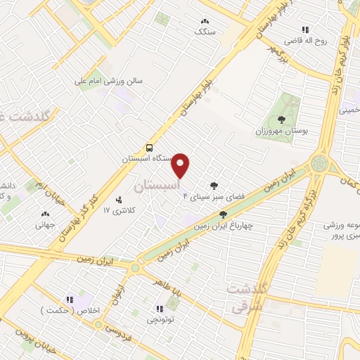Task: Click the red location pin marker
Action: pos(181,165)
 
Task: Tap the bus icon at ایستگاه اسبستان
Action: pos(149,148)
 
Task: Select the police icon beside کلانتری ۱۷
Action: pos(118,200)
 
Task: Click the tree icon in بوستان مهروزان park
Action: pos(282,120)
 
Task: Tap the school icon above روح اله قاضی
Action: pos(305,30)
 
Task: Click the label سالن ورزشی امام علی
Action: pos(115,81)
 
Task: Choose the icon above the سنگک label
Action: pos(205,22)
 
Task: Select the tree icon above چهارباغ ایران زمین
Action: pos(224,215)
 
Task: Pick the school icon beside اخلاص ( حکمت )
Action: pos(70,300)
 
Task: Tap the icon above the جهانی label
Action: pos(46,214)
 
